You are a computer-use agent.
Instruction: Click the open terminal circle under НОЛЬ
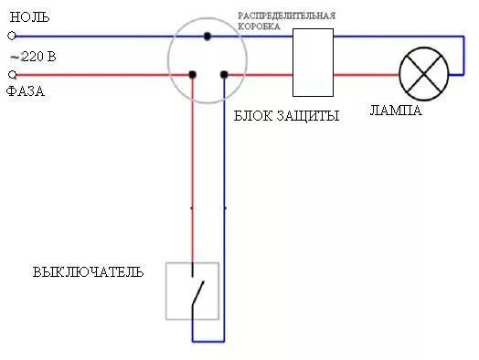(12, 36)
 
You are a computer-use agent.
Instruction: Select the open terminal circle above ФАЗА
(12, 74)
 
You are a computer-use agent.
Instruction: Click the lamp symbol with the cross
(425, 74)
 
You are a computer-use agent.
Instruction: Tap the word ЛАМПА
(396, 111)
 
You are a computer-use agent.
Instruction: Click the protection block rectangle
(313, 61)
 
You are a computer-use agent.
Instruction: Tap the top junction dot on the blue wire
(208, 36)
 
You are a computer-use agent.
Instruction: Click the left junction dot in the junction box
(192, 74)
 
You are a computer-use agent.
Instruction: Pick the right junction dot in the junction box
(223, 74)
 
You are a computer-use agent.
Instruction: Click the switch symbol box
(192, 291)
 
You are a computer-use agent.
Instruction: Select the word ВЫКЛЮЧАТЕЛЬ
(89, 272)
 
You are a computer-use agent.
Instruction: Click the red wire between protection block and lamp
(366, 74)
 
